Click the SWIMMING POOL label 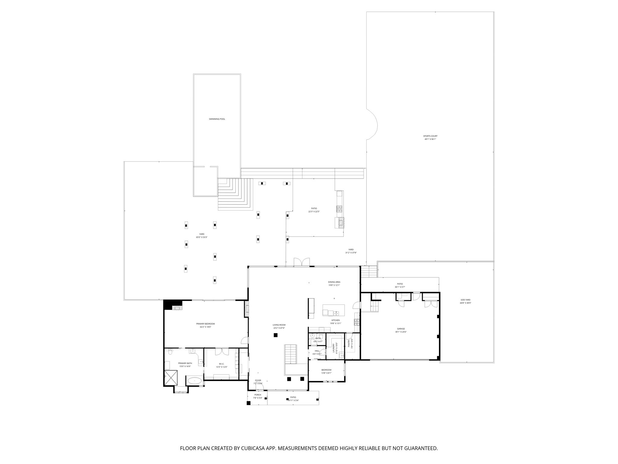(x=217, y=119)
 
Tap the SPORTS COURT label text (x=430, y=136)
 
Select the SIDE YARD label (x=465, y=300)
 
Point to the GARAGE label (x=401, y=329)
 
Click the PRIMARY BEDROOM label (x=205, y=324)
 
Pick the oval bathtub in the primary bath (x=195, y=381)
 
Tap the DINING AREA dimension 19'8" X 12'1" (x=334, y=285)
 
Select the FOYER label (x=258, y=380)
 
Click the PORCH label (x=257, y=395)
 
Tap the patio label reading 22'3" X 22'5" (x=314, y=211)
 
